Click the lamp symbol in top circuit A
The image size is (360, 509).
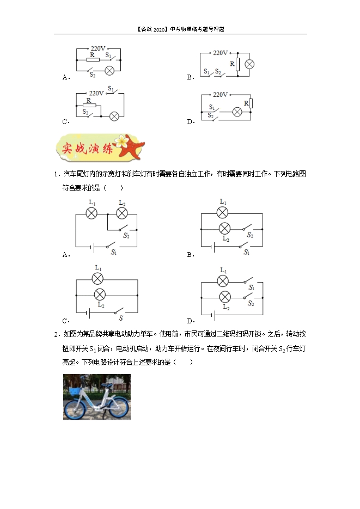(109, 70)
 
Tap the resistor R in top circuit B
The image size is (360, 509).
(237, 64)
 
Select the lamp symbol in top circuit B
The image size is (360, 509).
(249, 64)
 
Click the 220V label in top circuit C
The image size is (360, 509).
(96, 93)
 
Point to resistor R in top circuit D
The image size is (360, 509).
(251, 103)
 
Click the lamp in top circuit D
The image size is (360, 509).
(237, 112)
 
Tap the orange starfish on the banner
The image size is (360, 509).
(131, 146)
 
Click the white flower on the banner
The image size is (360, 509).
(121, 141)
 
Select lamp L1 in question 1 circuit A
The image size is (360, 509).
(91, 213)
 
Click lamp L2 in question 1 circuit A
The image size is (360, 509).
(122, 213)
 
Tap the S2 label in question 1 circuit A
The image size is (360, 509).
(126, 236)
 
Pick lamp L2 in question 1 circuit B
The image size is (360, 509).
(224, 229)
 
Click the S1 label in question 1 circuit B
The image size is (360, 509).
(247, 252)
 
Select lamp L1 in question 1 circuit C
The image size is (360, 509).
(97, 279)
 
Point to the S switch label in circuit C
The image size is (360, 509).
(121, 318)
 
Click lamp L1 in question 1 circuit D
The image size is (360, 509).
(223, 281)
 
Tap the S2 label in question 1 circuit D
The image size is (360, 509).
(251, 303)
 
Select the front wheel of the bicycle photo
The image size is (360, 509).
(74, 409)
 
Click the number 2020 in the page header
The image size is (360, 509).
(159, 29)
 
